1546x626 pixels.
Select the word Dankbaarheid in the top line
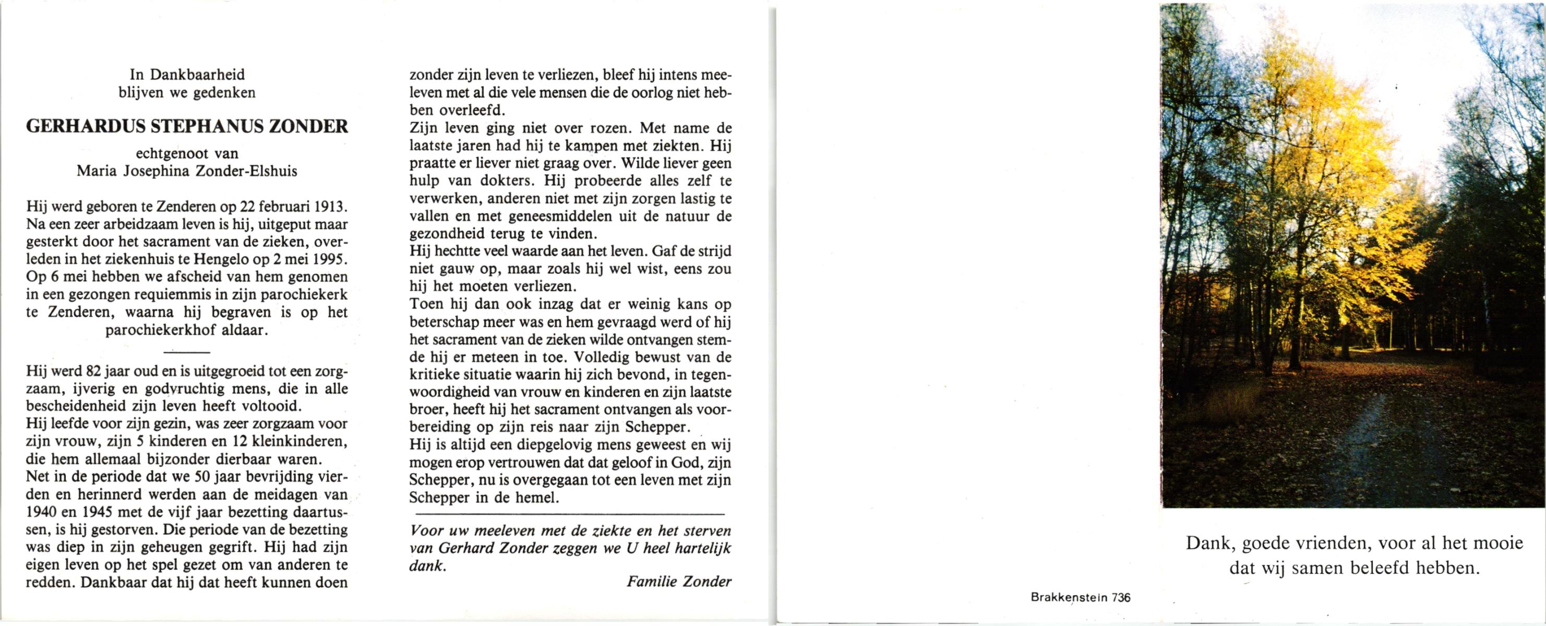(197, 75)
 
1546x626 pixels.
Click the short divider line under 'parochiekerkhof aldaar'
(187, 352)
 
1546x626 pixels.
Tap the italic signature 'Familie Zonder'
(679, 581)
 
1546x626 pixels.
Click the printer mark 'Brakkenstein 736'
(1080, 597)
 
